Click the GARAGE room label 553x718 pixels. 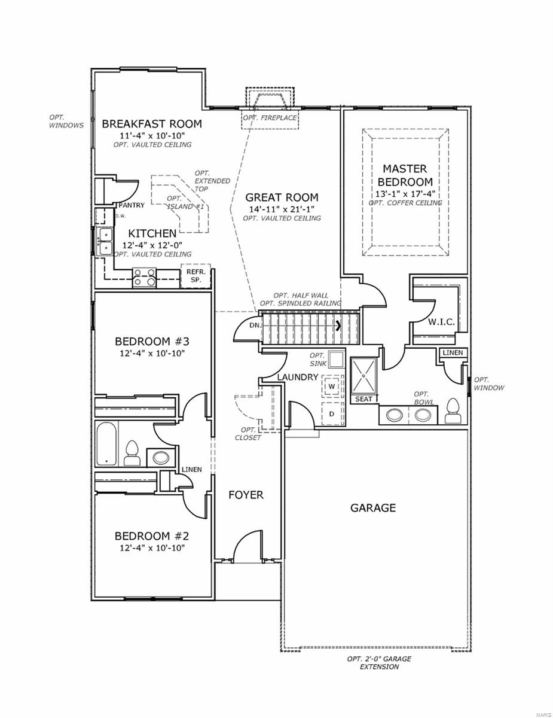click(x=372, y=508)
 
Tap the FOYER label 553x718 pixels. click(x=246, y=495)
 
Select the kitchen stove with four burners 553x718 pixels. click(x=144, y=277)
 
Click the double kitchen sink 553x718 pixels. click(x=105, y=241)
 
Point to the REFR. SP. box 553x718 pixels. click(x=195, y=276)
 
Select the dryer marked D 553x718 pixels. click(x=332, y=413)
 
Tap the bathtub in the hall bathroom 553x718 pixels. click(x=106, y=445)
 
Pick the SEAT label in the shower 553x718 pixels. click(x=363, y=399)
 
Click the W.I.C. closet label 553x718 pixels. click(x=441, y=322)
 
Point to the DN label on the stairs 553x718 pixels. click(x=255, y=325)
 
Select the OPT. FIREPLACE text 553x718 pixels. click(x=270, y=118)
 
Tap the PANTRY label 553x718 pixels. click(x=132, y=205)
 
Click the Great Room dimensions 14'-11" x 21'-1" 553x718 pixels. click(x=282, y=209)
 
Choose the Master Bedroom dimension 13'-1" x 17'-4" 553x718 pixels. click(x=405, y=194)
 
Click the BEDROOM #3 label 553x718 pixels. click(x=152, y=341)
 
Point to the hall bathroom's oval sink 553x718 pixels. click(x=161, y=458)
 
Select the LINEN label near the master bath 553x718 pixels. click(x=453, y=353)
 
